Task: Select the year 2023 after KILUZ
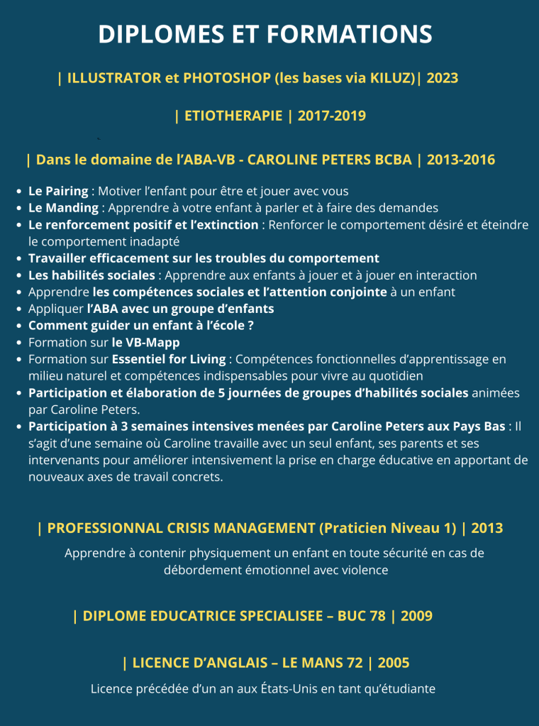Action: click(x=443, y=78)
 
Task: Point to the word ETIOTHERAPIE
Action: click(x=233, y=116)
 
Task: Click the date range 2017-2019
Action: click(x=332, y=116)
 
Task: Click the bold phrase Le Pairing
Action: click(x=58, y=192)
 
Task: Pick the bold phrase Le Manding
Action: click(x=63, y=208)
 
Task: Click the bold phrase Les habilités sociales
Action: click(x=91, y=275)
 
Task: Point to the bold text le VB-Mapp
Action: click(x=146, y=342)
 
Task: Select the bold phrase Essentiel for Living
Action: click(x=169, y=359)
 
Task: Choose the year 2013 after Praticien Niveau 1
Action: click(x=487, y=528)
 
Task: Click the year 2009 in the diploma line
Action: click(x=416, y=616)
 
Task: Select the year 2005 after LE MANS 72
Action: click(x=394, y=663)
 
